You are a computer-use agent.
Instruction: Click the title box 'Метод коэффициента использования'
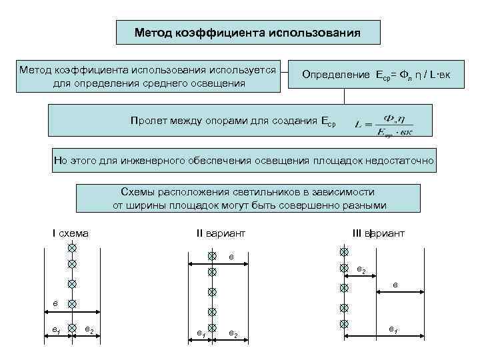click(x=247, y=32)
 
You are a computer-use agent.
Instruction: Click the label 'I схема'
click(x=71, y=233)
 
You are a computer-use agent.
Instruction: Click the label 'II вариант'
click(x=221, y=233)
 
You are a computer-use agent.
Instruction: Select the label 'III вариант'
click(x=378, y=233)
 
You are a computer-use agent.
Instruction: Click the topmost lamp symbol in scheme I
click(x=71, y=248)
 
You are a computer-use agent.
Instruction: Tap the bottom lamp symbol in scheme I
click(x=71, y=328)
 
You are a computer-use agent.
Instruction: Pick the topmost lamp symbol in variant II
click(x=212, y=255)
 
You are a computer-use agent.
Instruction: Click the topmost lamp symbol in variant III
click(x=343, y=253)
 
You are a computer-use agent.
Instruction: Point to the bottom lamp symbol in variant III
click(x=343, y=324)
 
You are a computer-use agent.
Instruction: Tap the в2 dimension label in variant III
click(x=361, y=270)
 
